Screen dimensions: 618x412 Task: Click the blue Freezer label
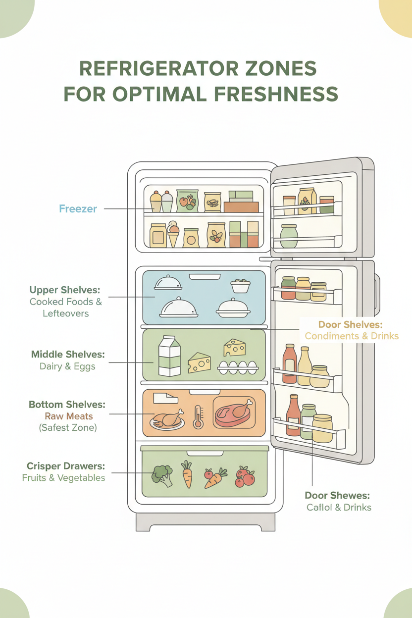tap(78, 208)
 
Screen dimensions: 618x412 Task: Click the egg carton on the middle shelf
tap(238, 366)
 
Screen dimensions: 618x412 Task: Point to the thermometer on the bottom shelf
tap(198, 416)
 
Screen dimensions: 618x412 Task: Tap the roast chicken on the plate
tap(167, 419)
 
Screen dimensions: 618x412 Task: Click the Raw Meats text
tap(68, 416)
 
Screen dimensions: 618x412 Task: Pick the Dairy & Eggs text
tap(67, 366)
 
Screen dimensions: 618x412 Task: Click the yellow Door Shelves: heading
tap(351, 324)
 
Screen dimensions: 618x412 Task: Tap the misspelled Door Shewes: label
tap(337, 495)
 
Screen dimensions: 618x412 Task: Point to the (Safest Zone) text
tap(68, 427)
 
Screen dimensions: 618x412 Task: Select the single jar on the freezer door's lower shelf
tap(289, 236)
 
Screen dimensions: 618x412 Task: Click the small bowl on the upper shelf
tap(240, 286)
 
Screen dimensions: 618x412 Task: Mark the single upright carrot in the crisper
tap(187, 474)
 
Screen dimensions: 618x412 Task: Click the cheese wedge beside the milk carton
tap(199, 363)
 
